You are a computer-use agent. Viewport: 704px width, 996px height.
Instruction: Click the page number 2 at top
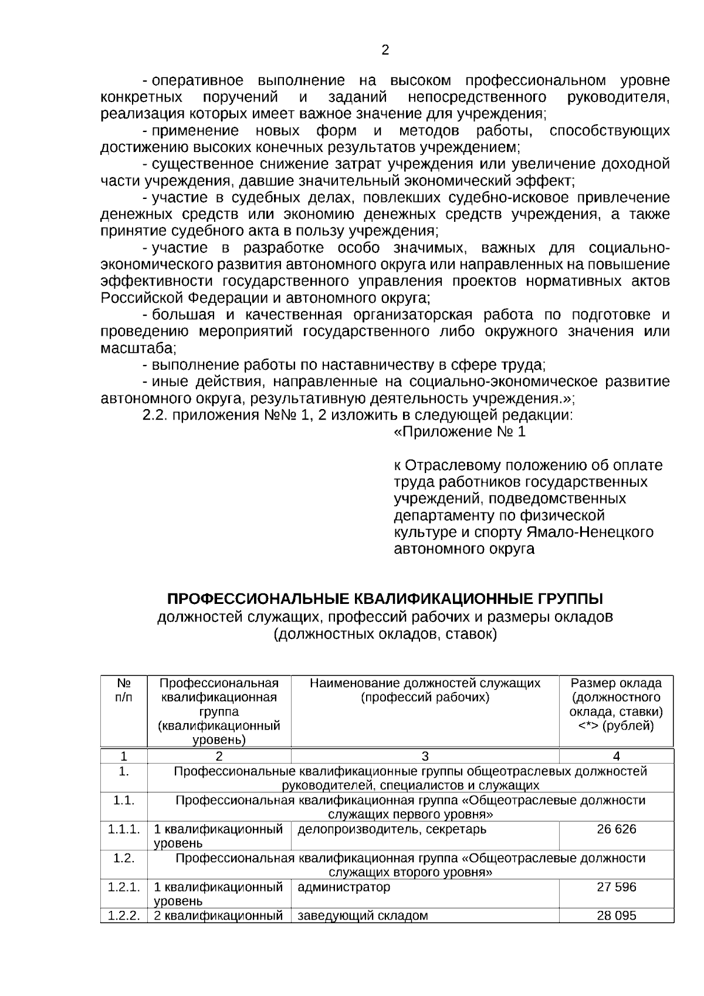[x=385, y=50]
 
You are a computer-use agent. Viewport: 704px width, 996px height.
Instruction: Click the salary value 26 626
[x=616, y=829]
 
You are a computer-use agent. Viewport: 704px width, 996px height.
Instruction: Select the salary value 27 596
[x=616, y=887]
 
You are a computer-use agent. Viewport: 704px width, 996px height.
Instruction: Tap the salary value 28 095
[x=616, y=916]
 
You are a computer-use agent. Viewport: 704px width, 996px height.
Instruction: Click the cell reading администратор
[x=344, y=887]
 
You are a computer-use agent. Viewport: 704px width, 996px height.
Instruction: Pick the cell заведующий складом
[x=363, y=916]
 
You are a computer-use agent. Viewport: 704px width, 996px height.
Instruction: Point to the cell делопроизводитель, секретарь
[x=392, y=829]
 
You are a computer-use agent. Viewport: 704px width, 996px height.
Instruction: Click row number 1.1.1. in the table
[x=124, y=829]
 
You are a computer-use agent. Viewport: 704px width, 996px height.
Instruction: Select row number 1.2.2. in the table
[x=124, y=916]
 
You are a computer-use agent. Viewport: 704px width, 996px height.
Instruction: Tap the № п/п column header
[x=124, y=690]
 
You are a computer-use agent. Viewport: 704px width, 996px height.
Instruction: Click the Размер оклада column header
[x=616, y=704]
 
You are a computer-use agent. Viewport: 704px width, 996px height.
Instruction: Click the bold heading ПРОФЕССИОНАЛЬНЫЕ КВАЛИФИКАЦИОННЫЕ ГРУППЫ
[x=385, y=599]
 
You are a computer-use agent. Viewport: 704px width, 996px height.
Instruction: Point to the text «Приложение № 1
[x=459, y=432]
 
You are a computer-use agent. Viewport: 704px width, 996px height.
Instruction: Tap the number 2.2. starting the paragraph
[x=155, y=416]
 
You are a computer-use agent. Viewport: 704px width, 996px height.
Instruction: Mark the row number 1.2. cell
[x=124, y=858]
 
